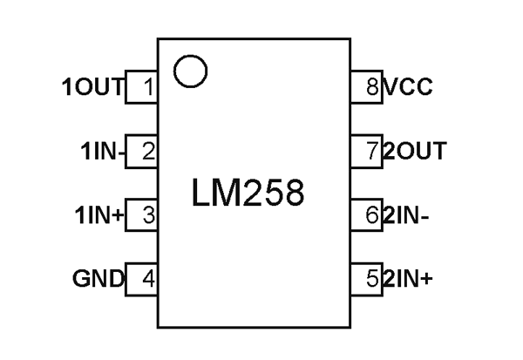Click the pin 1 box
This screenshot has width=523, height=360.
142,87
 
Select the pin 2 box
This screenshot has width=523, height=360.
142,152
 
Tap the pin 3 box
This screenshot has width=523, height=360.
142,215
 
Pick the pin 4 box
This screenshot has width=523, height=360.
142,280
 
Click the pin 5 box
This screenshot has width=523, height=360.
367,280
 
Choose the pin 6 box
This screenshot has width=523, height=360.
367,215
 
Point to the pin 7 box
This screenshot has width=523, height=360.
367,152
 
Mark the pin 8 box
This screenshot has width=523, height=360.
367,87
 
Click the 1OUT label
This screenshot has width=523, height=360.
93,87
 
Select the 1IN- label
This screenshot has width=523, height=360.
103,152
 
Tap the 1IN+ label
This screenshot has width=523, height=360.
99,215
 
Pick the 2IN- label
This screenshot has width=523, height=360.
407,215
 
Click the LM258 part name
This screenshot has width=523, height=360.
248,194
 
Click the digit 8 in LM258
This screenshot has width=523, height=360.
292,194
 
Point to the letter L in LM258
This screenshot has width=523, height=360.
200,194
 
